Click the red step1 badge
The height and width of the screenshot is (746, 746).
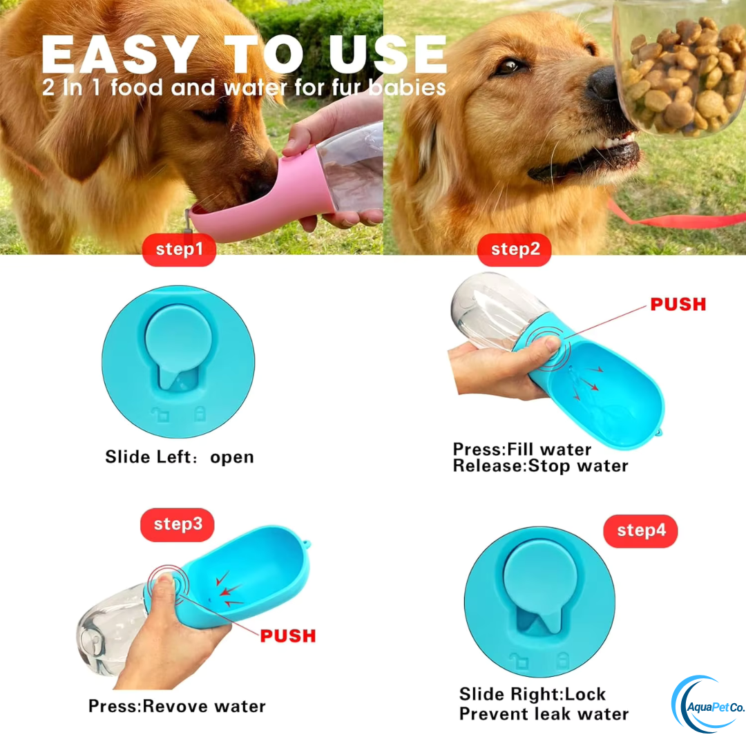[179, 249]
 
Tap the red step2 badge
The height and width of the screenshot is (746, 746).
[515, 249]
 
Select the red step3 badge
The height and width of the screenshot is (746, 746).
[178, 524]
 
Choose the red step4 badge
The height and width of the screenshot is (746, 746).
[640, 530]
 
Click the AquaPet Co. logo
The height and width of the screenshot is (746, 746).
[707, 706]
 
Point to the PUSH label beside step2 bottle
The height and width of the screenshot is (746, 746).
[678, 304]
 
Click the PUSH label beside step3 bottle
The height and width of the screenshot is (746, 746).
[287, 635]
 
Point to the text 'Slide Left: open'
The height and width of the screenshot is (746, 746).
[179, 457]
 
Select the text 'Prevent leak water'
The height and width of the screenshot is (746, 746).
[544, 714]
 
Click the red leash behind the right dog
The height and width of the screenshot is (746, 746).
[677, 220]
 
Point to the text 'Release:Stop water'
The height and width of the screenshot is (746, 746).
[540, 466]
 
